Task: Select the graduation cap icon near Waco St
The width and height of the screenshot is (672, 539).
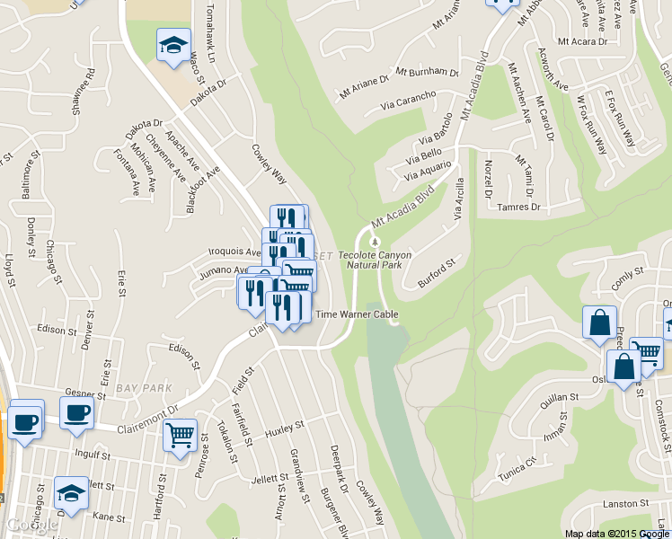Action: (x=172, y=46)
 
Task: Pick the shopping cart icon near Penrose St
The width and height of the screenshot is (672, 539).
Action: (x=180, y=436)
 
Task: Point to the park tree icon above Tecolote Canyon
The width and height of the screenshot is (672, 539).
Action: (x=376, y=241)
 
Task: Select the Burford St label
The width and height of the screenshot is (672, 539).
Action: (x=438, y=269)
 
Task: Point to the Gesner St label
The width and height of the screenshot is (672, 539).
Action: (x=86, y=393)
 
